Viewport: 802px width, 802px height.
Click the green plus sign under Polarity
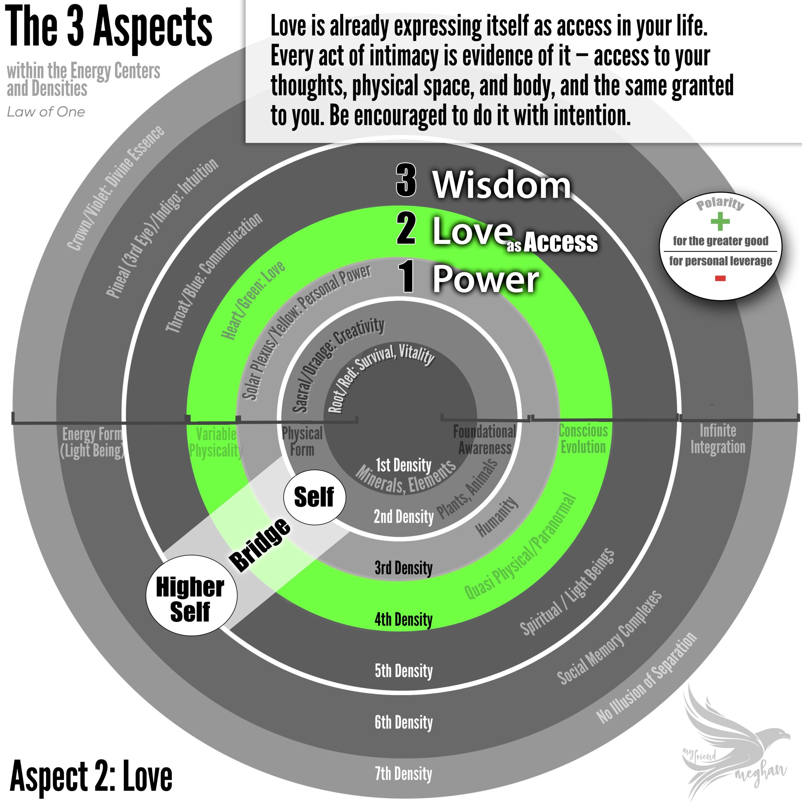[x=720, y=221]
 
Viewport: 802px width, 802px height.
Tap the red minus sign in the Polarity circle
[x=720, y=279]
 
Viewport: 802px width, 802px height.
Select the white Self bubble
[x=314, y=497]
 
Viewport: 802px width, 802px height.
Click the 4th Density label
[x=404, y=620]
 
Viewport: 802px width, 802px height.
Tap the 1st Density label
[x=404, y=465]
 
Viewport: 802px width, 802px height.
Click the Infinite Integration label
[x=718, y=439]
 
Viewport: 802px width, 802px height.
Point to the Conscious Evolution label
[x=583, y=439]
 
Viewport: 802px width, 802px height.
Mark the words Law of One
[x=46, y=112]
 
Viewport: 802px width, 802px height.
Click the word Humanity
[x=497, y=517]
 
